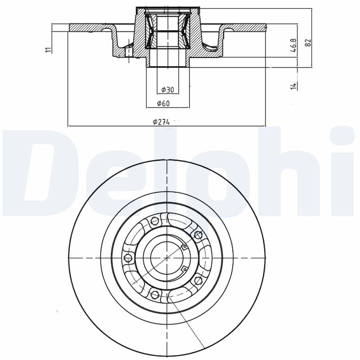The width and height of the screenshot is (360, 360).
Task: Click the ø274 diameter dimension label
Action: pyautogui.click(x=162, y=122)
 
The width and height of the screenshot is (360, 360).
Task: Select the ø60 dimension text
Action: pyautogui.click(x=163, y=103)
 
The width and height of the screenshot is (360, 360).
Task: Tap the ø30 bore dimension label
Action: pyautogui.click(x=167, y=90)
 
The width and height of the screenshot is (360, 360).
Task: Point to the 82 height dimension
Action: pyautogui.click(x=308, y=42)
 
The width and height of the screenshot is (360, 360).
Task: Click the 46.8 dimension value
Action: pyautogui.click(x=294, y=45)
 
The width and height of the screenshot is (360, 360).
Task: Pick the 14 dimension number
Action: pyautogui.click(x=294, y=86)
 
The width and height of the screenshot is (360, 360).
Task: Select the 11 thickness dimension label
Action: pyautogui.click(x=48, y=49)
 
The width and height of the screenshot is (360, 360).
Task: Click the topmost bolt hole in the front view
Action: pyautogui.click(x=154, y=221)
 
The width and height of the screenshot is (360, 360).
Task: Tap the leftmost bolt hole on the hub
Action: pyautogui.click(x=128, y=257)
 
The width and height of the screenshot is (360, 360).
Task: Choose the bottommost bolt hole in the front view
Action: pyautogui.click(x=155, y=294)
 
